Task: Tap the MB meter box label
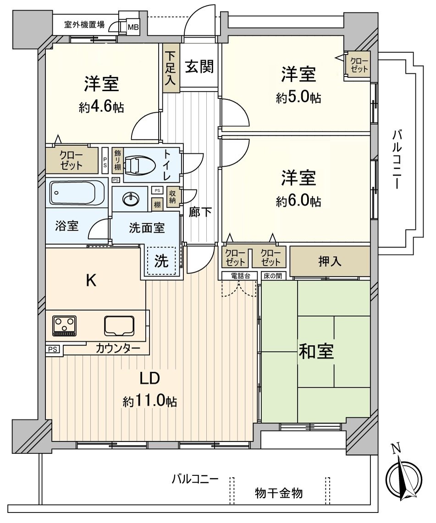pos(133,27)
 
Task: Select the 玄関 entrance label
pos(199,67)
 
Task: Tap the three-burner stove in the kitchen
pos(65,325)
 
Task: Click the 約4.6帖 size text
pos(101,107)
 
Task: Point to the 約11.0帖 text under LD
pos(150,402)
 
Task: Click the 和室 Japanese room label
pos(316,352)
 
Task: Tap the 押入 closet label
pos(330,261)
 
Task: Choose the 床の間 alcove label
pos(274,276)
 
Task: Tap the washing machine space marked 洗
pos(161,261)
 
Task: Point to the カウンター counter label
pos(118,348)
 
